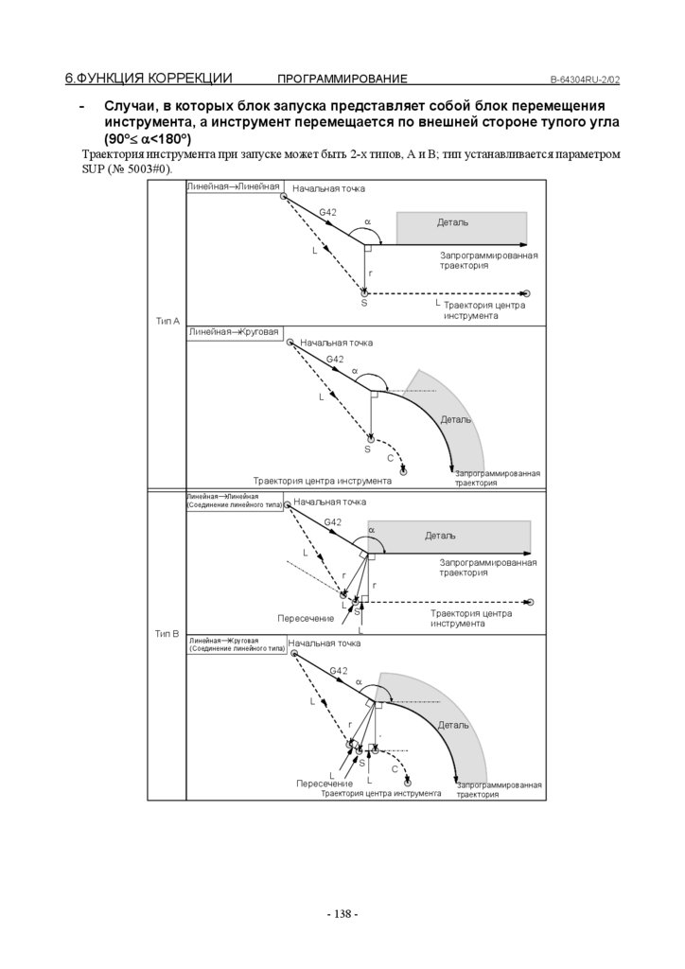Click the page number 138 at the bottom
pyautogui.click(x=342, y=914)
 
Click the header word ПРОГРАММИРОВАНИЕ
pyautogui.click(x=342, y=79)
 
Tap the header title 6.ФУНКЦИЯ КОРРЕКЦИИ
pyautogui.click(x=149, y=78)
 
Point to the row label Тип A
pyautogui.click(x=167, y=322)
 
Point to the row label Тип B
pyautogui.click(x=167, y=633)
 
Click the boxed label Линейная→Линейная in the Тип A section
pyautogui.click(x=234, y=187)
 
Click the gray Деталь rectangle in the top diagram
pyautogui.click(x=461, y=225)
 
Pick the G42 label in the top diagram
pyautogui.click(x=327, y=212)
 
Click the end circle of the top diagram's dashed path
pyautogui.click(x=527, y=294)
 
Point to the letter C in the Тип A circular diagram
pyautogui.click(x=390, y=458)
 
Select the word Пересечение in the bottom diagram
pyautogui.click(x=324, y=784)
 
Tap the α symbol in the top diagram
pyautogui.click(x=368, y=223)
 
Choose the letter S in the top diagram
pyautogui.click(x=363, y=303)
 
